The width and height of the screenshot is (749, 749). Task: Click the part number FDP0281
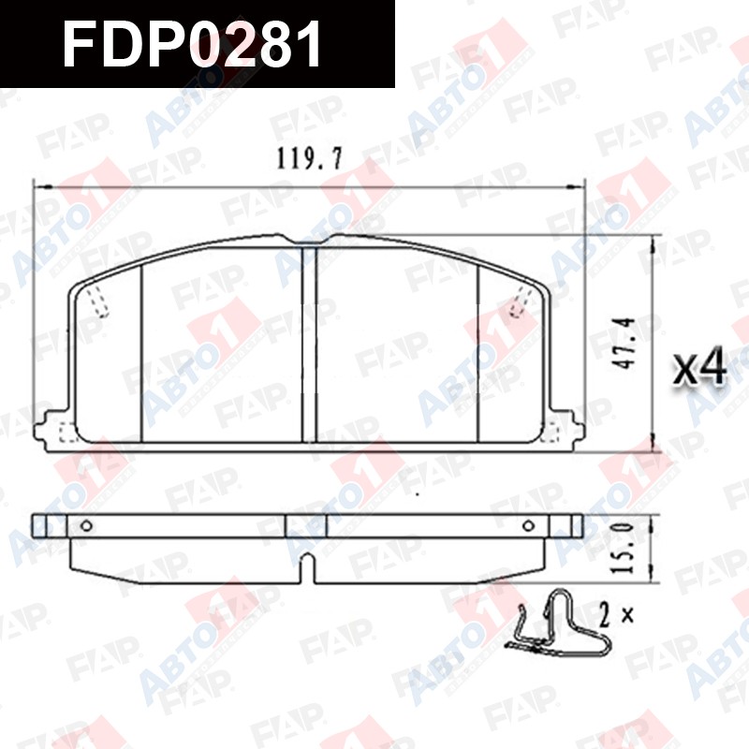point(192,44)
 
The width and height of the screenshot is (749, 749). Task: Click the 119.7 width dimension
point(310,158)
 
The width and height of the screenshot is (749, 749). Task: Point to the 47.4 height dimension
point(624,343)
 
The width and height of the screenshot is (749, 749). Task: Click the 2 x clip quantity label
point(616,615)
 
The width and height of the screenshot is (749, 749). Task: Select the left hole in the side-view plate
point(86,526)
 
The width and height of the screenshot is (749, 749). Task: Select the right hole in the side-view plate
point(528,526)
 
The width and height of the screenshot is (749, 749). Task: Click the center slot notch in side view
point(309,568)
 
